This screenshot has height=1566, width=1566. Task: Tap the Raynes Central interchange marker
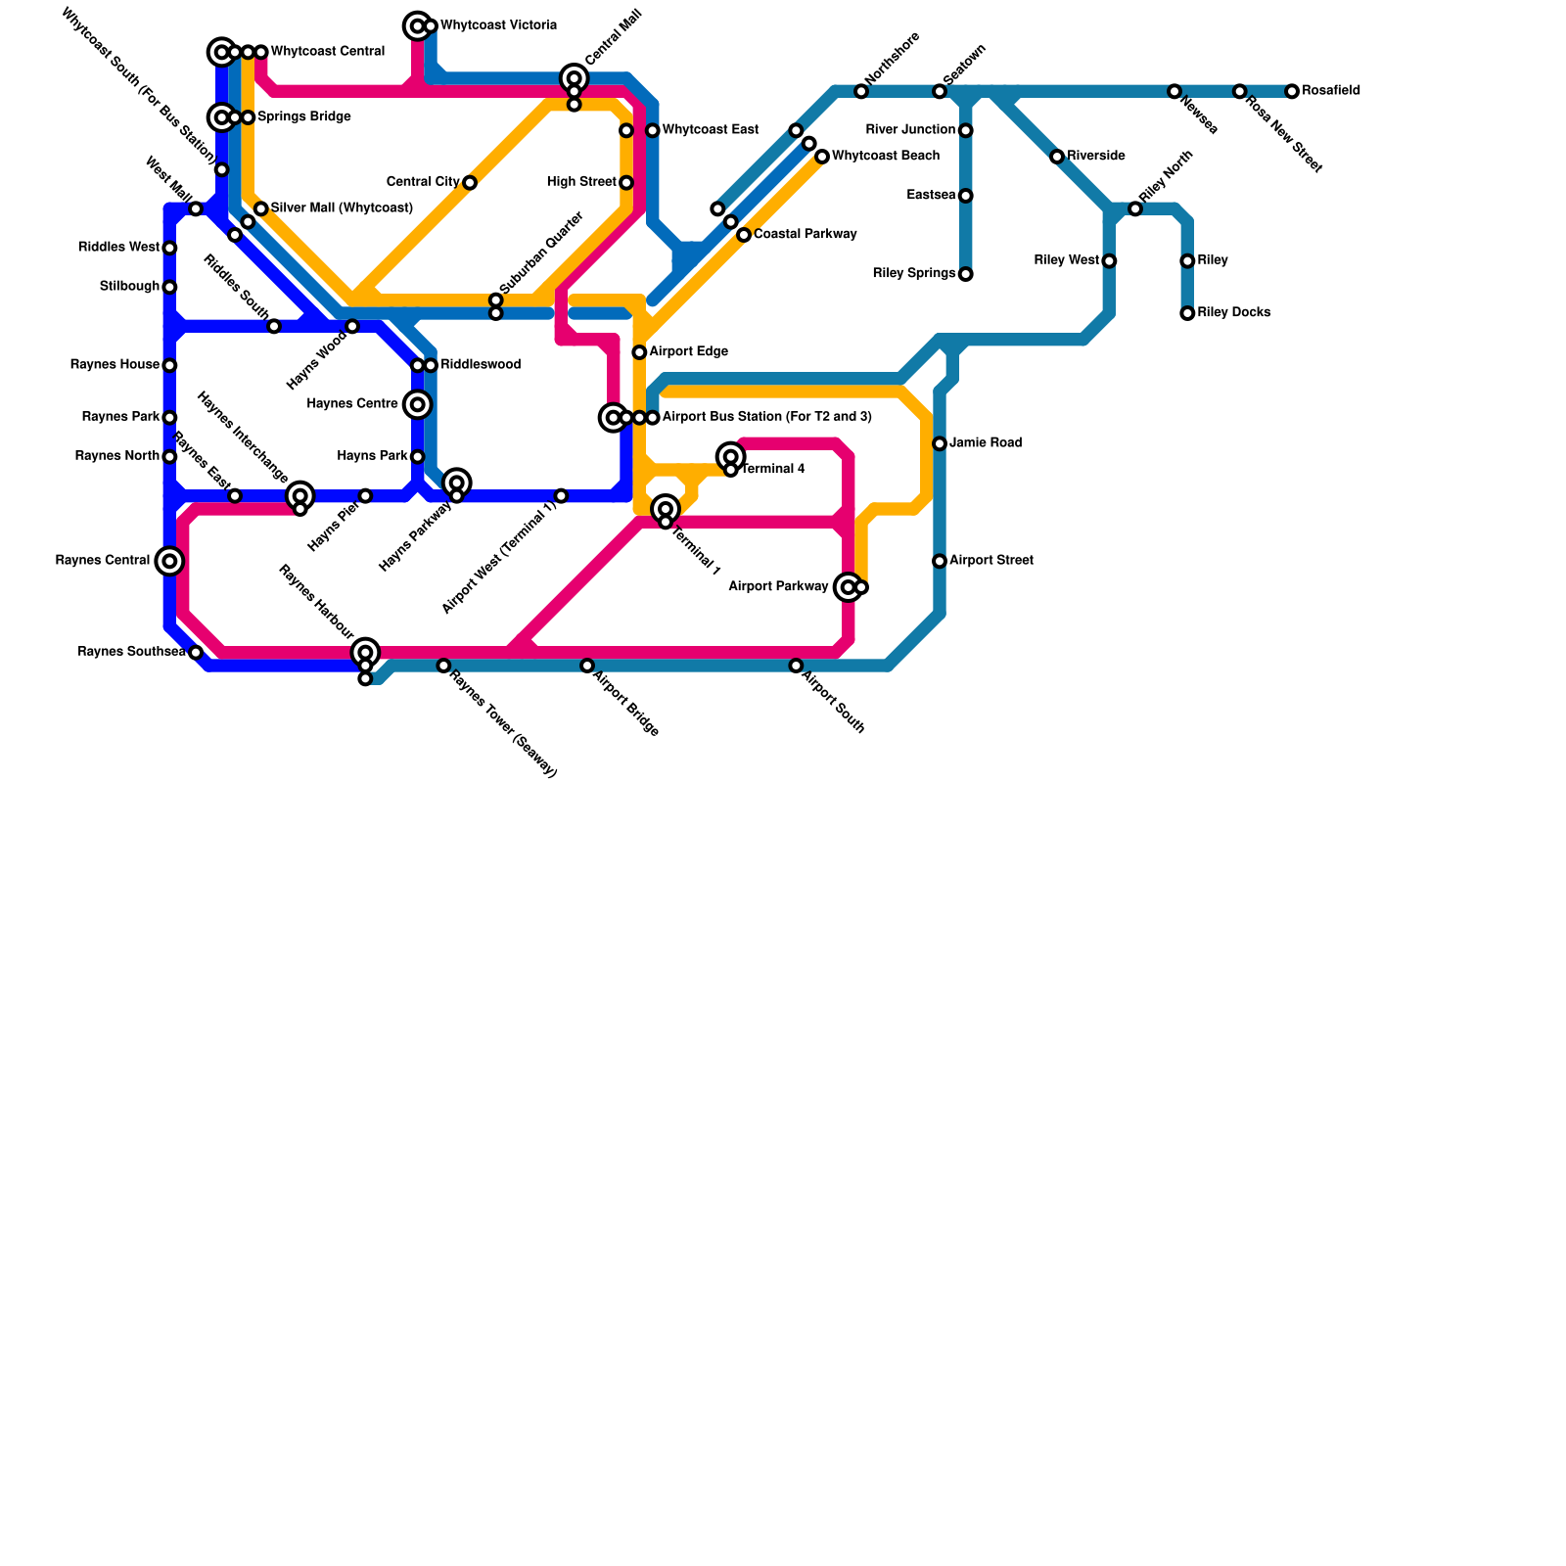(x=169, y=561)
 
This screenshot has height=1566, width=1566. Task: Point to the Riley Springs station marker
(x=965, y=274)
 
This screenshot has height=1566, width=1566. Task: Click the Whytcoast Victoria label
(x=498, y=25)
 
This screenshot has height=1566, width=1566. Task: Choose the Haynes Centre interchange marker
(x=418, y=404)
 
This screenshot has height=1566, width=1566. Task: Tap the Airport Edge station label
(x=688, y=352)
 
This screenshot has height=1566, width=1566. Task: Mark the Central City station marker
(x=470, y=183)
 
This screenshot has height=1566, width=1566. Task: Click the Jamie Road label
(x=985, y=443)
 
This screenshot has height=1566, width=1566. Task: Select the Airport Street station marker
(x=940, y=561)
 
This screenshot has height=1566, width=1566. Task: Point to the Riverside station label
(x=1095, y=157)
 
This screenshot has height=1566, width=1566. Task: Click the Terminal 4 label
(x=772, y=470)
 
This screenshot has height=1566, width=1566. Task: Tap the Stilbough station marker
(x=169, y=287)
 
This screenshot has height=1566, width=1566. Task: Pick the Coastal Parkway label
(x=805, y=235)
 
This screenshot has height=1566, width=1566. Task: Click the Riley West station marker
(x=1109, y=261)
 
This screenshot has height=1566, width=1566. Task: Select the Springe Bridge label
(x=303, y=117)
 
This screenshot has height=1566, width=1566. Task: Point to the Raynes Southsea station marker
(x=196, y=653)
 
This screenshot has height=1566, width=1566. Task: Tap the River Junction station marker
(x=965, y=130)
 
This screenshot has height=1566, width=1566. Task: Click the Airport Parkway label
(x=778, y=587)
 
